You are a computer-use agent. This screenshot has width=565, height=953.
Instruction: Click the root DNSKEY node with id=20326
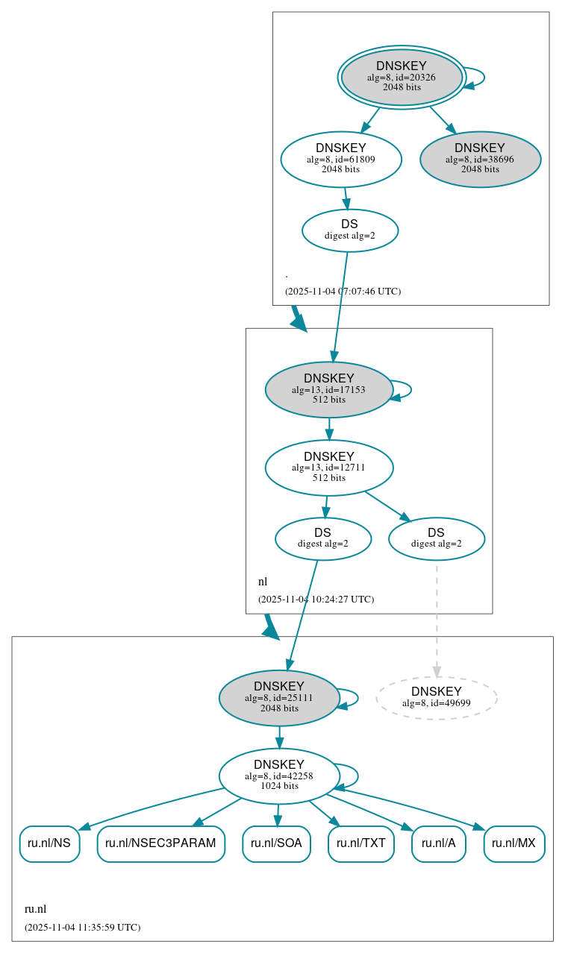pos(402,77)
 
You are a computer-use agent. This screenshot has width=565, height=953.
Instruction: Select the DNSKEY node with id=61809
pos(341,159)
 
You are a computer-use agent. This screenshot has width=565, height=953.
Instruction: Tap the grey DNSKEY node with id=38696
pos(480,159)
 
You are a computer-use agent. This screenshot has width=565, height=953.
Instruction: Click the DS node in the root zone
pos(349,230)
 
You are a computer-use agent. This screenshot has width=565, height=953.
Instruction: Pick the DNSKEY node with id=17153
pos(328,389)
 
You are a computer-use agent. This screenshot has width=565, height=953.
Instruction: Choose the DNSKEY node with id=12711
pos(328,468)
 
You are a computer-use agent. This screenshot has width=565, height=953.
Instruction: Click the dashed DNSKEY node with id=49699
pos(436,698)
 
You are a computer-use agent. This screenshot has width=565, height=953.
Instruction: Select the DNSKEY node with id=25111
pos(279,698)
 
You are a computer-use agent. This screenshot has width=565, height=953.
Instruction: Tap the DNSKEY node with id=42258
pos(279,776)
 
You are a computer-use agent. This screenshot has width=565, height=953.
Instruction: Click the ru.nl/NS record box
pos(49,843)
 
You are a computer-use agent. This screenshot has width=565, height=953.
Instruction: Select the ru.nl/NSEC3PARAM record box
pos(160,843)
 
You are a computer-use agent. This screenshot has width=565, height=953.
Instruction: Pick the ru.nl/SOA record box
pos(276,843)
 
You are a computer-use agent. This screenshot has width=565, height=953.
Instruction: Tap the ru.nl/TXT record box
pos(360,843)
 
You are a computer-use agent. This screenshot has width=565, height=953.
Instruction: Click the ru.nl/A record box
pos(438,843)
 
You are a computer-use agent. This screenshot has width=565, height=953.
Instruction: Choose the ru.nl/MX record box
pos(514,843)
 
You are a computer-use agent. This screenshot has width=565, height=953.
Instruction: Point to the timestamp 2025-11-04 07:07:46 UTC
pos(343,292)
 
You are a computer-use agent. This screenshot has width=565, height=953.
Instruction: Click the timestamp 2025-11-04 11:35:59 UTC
pos(82,928)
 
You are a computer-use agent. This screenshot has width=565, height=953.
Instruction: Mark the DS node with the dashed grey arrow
pos(436,538)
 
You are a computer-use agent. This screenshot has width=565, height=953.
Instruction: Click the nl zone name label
pos(263,582)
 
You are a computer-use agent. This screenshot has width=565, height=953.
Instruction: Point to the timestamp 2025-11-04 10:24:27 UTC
pos(316,600)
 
